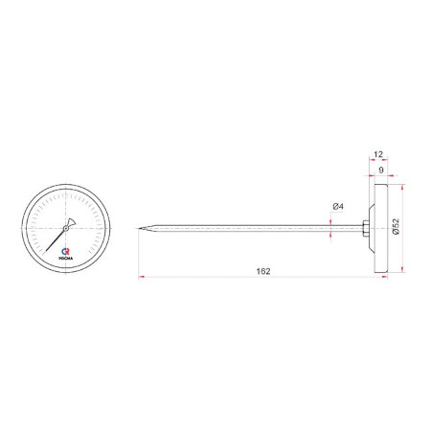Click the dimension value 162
(x=263, y=271)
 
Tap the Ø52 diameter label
(x=396, y=226)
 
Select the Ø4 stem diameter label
(x=338, y=206)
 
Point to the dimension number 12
(x=378, y=154)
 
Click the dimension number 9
(x=381, y=170)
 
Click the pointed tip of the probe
(x=139, y=228)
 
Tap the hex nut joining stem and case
(x=366, y=228)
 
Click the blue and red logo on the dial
(x=65, y=252)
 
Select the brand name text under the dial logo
(x=66, y=258)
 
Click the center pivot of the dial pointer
(x=66, y=228)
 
